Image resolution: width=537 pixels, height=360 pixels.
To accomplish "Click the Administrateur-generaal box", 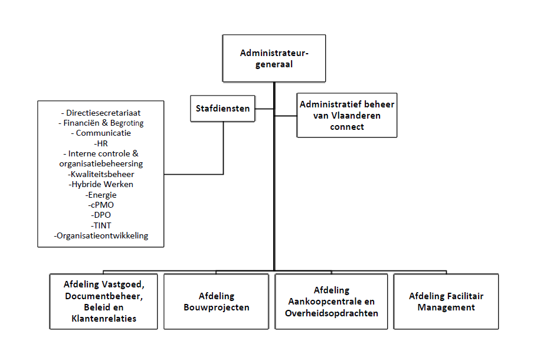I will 274,58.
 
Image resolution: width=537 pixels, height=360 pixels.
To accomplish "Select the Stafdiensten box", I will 223,109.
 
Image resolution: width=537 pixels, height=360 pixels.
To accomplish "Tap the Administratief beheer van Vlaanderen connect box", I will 347,115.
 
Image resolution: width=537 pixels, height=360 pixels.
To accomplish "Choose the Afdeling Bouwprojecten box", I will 217,302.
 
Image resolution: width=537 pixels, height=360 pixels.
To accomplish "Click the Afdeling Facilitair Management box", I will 446,302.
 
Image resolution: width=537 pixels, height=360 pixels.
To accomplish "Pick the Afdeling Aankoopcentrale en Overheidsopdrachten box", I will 331,302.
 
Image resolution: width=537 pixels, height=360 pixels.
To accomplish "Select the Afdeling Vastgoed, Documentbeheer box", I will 103,302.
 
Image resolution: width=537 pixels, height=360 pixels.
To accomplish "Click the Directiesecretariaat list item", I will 101,113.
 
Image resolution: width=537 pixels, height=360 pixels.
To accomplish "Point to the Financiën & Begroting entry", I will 101,123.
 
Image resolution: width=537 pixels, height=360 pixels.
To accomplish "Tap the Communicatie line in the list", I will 101,133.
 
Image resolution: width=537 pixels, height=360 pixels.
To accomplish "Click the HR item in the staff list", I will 101,143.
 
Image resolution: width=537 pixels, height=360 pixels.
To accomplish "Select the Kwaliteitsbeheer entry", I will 101,174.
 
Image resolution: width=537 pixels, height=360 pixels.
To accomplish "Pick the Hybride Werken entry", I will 101,184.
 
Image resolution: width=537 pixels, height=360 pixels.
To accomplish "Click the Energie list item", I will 101,194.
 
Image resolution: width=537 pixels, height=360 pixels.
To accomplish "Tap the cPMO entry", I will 101,204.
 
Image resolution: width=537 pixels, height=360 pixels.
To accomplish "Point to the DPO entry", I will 101,215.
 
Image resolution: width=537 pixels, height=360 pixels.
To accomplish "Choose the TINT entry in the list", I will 101,225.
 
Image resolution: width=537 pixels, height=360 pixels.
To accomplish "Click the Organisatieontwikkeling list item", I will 101,235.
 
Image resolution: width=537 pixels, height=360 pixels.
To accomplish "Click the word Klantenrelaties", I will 103,319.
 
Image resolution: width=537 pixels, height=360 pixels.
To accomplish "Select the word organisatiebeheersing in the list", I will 101,163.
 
